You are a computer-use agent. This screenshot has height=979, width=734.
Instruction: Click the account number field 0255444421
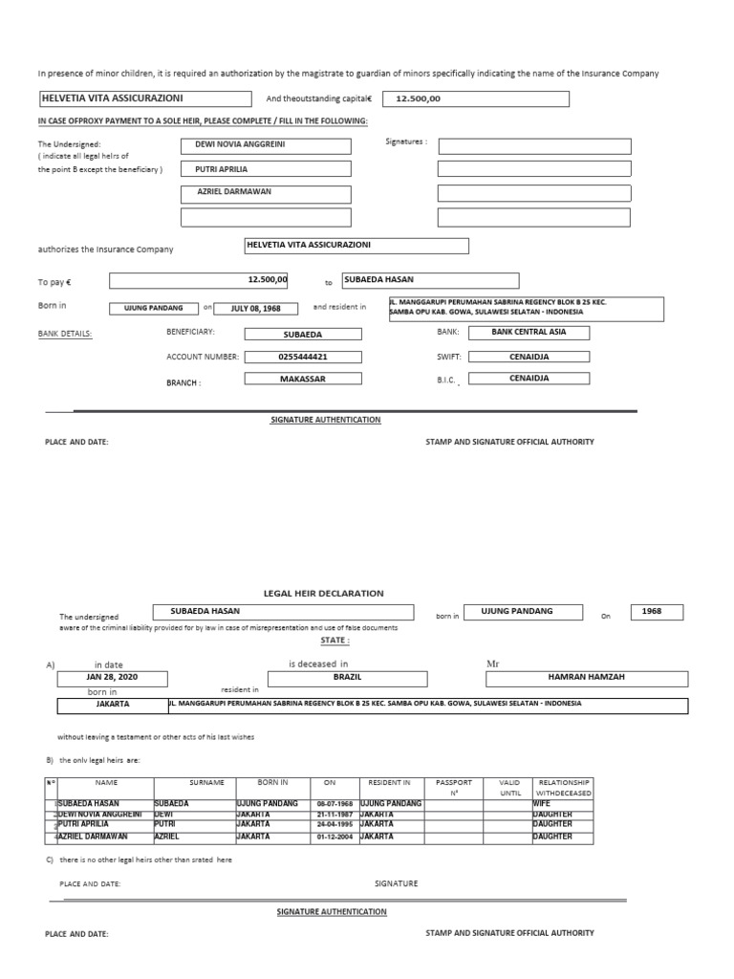pos(303,357)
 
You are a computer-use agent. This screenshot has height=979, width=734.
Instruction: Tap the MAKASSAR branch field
pos(303,379)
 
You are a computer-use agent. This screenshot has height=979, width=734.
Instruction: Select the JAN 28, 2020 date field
pos(114,677)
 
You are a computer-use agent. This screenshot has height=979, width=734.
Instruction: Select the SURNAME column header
pos(205,782)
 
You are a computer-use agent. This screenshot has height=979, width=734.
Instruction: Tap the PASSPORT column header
pos(454,782)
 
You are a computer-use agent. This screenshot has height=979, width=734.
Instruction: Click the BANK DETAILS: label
pos(65,334)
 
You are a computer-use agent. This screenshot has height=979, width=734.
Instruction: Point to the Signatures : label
pos(406,141)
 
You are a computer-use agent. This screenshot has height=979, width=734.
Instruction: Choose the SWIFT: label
pos(449,357)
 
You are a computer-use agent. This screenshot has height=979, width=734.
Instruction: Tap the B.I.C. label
pos(447,380)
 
